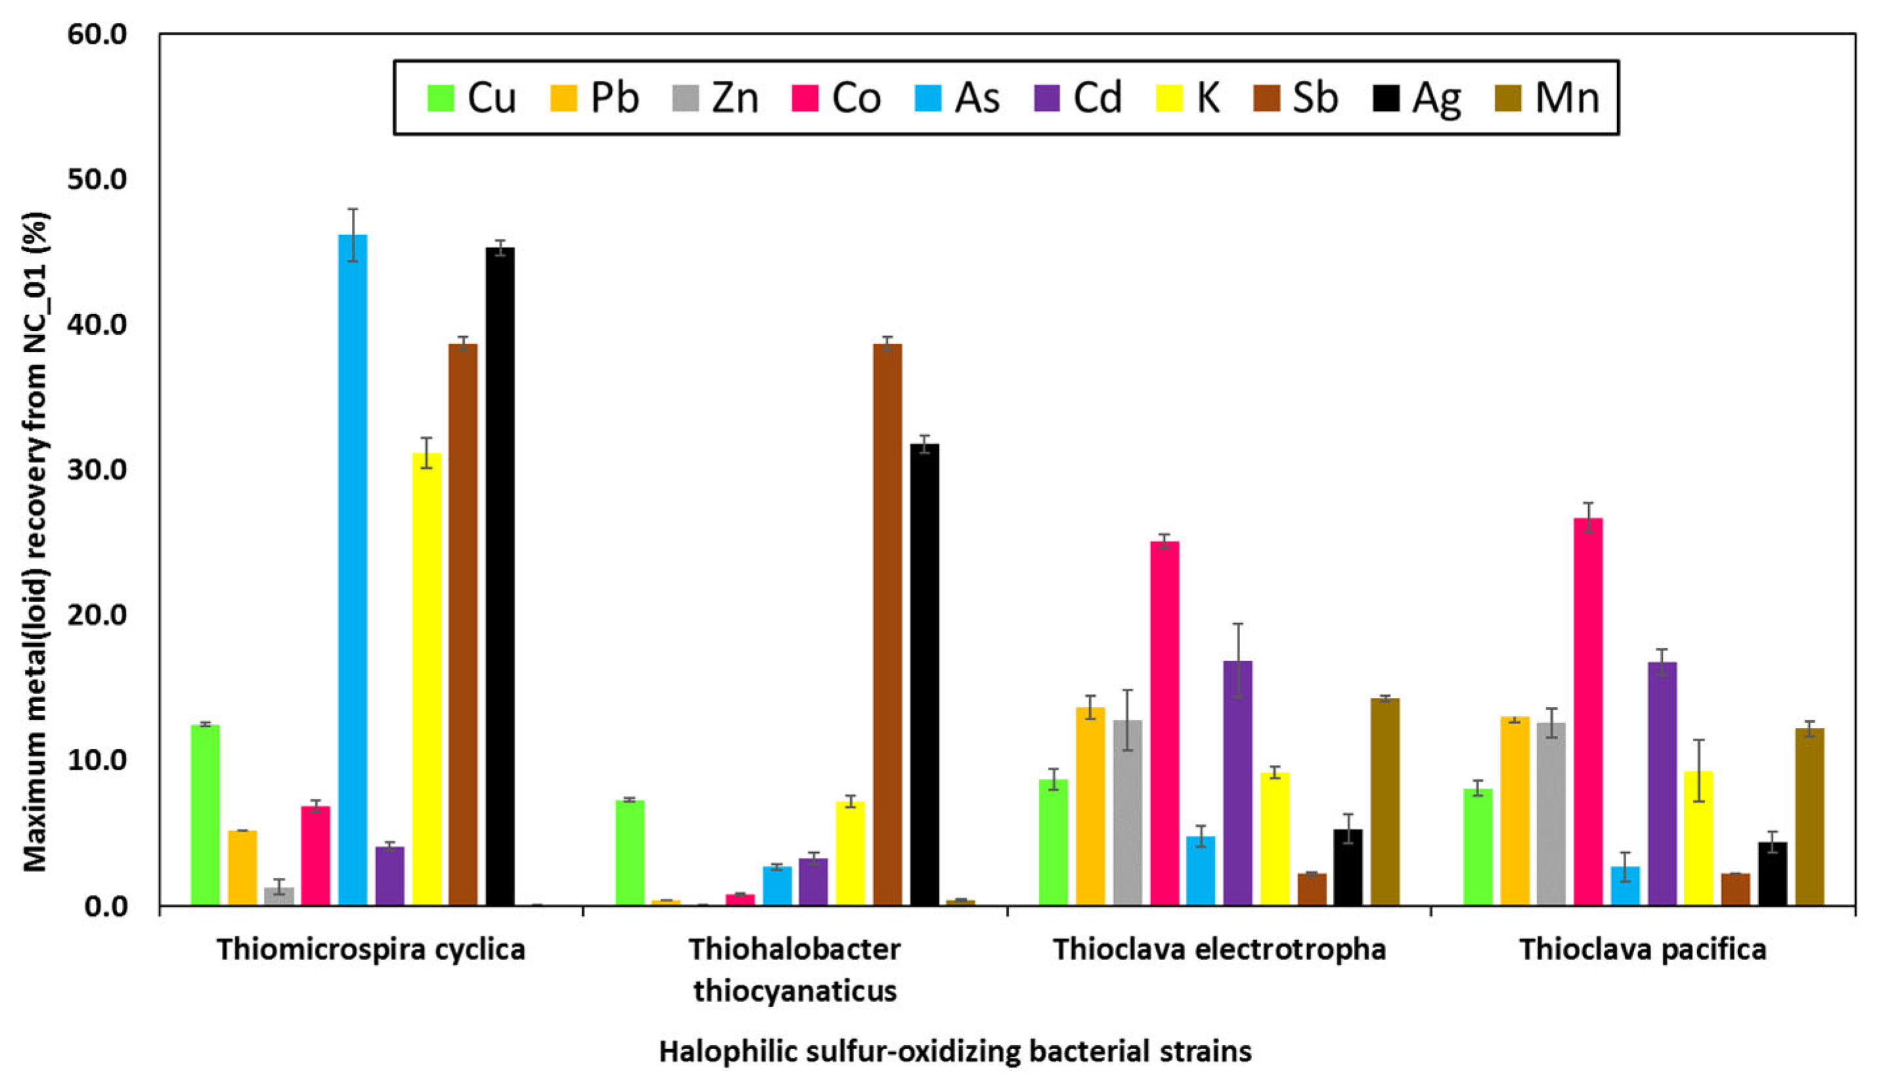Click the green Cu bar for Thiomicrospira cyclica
point(205,815)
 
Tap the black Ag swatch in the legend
point(1387,98)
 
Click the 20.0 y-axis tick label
point(97,615)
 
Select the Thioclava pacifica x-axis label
point(1642,950)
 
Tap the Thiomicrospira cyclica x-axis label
point(371,950)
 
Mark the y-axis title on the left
point(35,542)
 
